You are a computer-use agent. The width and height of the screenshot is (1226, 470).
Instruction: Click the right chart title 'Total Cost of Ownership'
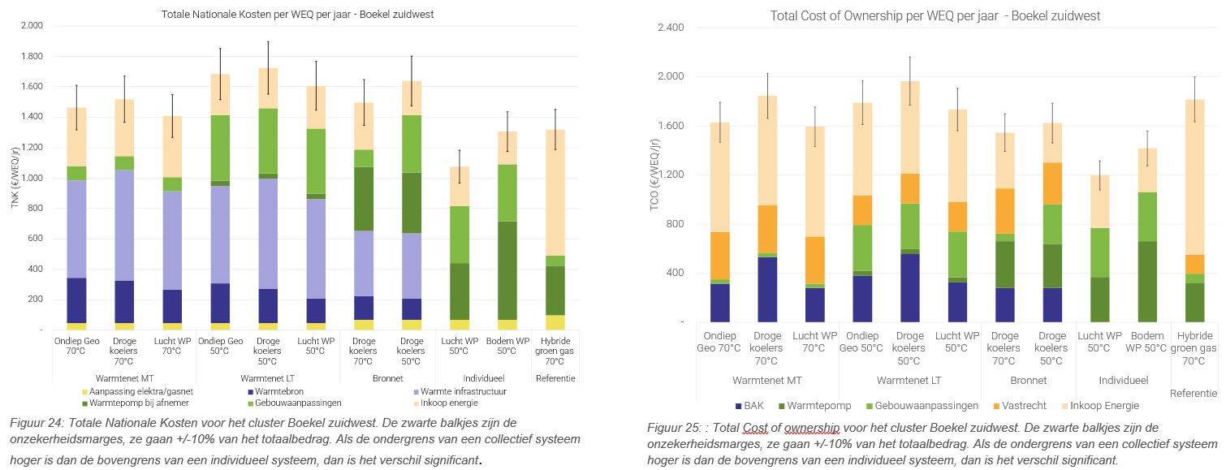(x=935, y=16)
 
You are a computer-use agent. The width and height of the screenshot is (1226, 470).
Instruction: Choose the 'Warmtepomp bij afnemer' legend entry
(x=135, y=403)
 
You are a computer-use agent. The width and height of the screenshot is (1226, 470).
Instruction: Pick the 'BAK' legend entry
(x=751, y=405)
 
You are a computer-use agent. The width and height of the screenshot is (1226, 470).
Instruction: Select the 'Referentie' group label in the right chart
(x=1194, y=393)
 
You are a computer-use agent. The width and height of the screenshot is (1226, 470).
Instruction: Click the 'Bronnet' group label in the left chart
(x=386, y=378)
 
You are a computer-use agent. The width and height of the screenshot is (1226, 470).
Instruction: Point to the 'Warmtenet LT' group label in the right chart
(x=909, y=380)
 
